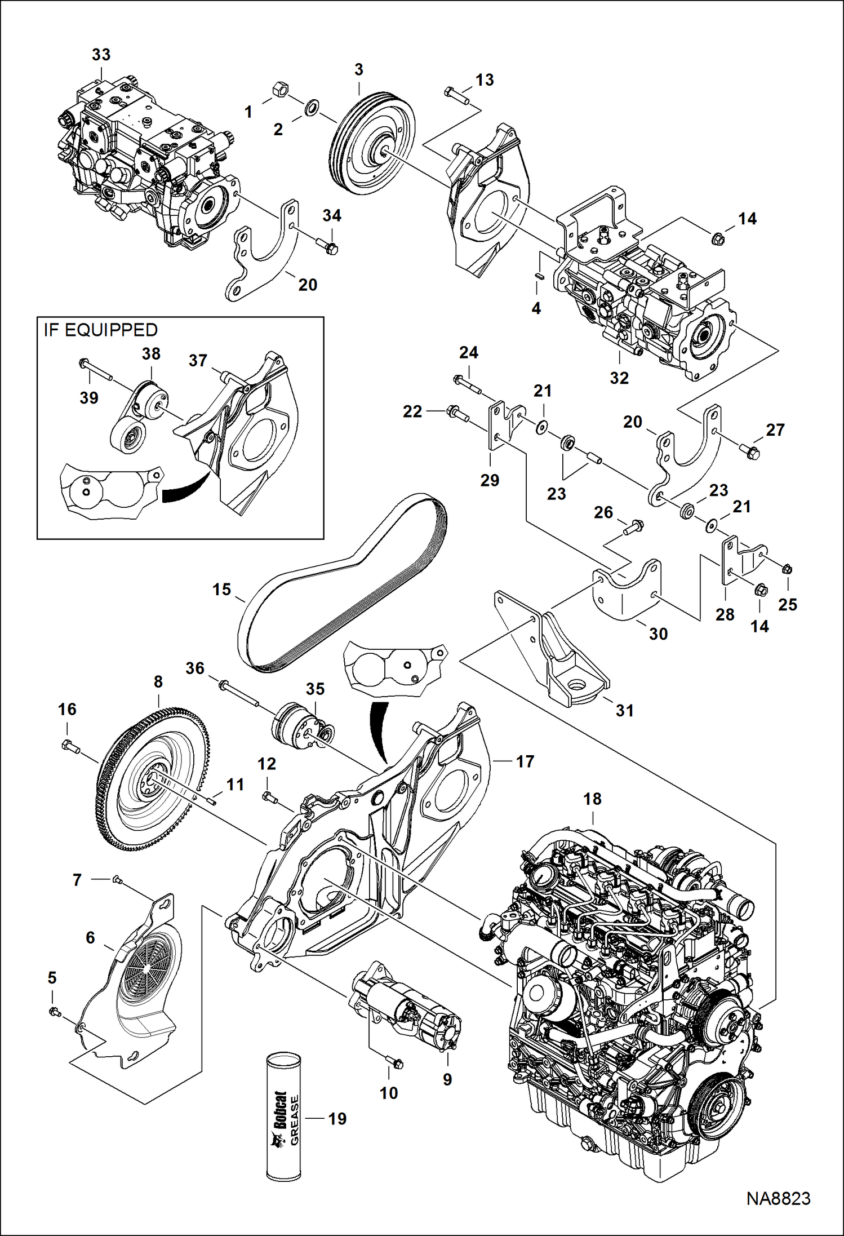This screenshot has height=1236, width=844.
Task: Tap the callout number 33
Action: pos(101,55)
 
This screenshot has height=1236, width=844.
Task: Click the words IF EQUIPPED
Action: pos(100,330)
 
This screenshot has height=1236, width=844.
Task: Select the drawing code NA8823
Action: pos(778,1199)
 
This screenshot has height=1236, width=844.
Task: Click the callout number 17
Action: pos(525,761)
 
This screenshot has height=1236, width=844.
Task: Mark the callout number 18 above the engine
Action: pos(592,799)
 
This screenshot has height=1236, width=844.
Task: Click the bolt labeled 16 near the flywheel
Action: pos(70,747)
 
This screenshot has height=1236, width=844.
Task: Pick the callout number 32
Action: pos(619,378)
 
